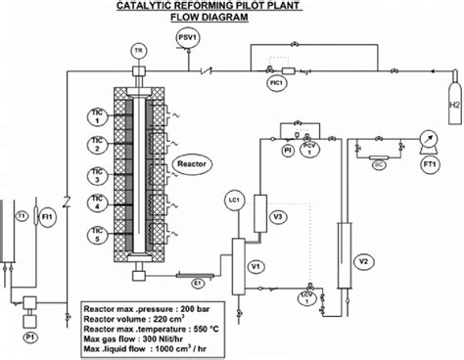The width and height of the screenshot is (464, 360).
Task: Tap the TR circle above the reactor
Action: [x=139, y=49]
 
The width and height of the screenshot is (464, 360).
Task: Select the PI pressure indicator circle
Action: [x=288, y=152]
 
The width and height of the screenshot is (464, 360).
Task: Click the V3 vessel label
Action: [x=278, y=216]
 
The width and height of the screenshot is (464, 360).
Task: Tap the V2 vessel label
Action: [x=361, y=261]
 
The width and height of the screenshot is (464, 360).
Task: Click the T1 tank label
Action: [x=21, y=215]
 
